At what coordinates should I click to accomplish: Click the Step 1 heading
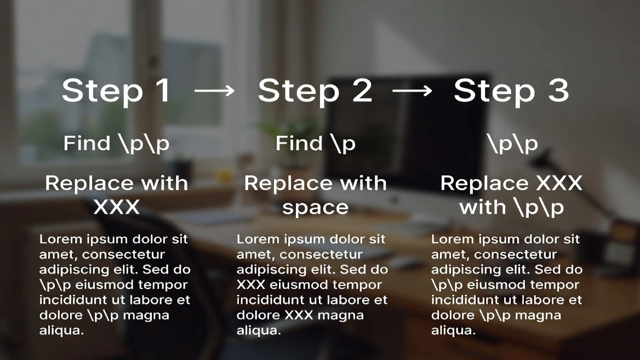[116, 90]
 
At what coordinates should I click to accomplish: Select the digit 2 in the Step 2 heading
[362, 90]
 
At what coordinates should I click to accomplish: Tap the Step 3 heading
[511, 90]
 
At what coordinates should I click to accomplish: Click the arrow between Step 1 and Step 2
[214, 91]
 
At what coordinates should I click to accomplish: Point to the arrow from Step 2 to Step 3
[412, 91]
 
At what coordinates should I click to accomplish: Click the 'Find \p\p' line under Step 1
[116, 144]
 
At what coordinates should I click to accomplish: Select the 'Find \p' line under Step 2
[316, 144]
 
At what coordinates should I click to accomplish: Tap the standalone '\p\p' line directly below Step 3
[512, 144]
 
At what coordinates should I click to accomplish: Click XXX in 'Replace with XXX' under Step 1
[116, 207]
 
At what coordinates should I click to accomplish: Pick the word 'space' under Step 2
[315, 208]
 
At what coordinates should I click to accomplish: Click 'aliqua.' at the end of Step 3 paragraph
[453, 330]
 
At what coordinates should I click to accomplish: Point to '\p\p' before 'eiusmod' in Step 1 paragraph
[53, 285]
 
